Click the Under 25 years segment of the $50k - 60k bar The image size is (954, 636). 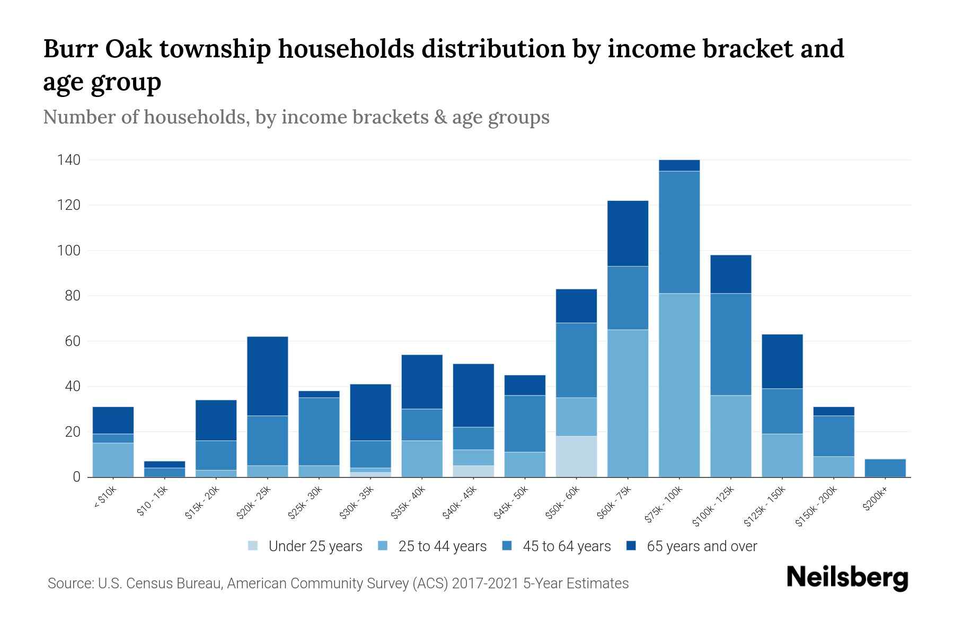click(x=576, y=456)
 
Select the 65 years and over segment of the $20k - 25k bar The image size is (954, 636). click(x=268, y=376)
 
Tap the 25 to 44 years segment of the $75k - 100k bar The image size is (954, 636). click(x=679, y=385)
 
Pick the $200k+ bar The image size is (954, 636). click(x=885, y=468)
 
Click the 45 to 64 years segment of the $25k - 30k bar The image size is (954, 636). click(x=319, y=431)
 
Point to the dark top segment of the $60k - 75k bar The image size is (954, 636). click(x=628, y=233)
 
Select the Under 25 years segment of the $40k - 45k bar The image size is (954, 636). click(x=473, y=471)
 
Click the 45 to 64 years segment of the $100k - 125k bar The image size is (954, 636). click(x=730, y=344)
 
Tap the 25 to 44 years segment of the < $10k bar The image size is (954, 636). click(x=113, y=460)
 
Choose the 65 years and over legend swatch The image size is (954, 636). click(x=631, y=546)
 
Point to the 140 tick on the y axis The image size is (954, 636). click(x=69, y=160)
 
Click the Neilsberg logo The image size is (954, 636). click(x=847, y=578)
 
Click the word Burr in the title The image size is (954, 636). click(x=69, y=49)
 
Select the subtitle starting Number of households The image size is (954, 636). click(x=296, y=117)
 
